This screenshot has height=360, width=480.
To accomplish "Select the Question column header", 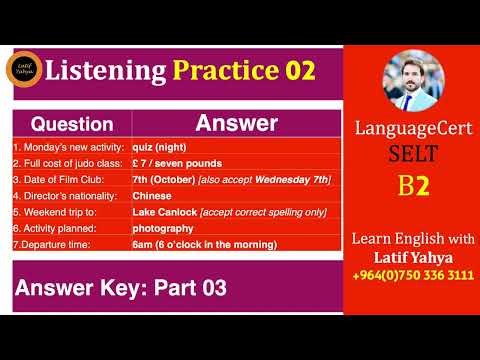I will pyautogui.click(x=72, y=125).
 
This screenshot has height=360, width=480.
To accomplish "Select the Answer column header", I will pyautogui.click(x=236, y=124).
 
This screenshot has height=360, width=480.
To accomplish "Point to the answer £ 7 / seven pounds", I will pyautogui.click(x=178, y=162).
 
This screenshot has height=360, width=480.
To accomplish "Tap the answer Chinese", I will pyautogui.click(x=152, y=195).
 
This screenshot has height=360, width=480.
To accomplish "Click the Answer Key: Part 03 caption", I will pyautogui.click(x=120, y=289).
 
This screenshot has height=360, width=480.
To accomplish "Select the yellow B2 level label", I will pyautogui.click(x=413, y=186).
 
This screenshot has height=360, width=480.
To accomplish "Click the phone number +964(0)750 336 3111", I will pyautogui.click(x=413, y=275).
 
